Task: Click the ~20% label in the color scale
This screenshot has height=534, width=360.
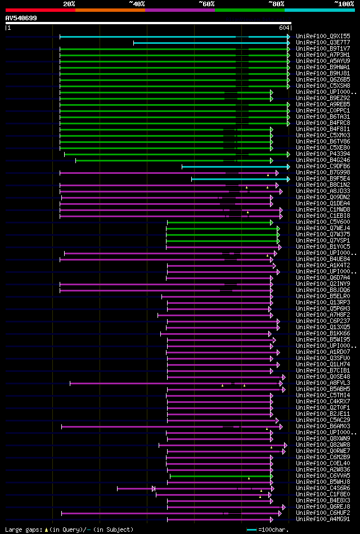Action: [69, 3]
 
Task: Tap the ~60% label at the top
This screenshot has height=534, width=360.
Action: [206, 3]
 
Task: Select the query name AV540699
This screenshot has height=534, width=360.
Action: [21, 18]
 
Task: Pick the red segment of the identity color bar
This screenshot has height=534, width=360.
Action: [40, 10]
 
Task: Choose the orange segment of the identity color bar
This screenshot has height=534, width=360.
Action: [110, 10]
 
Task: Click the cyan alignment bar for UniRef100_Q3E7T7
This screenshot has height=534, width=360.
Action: [208, 43]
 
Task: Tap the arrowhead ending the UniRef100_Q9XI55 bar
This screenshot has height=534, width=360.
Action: [289, 37]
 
